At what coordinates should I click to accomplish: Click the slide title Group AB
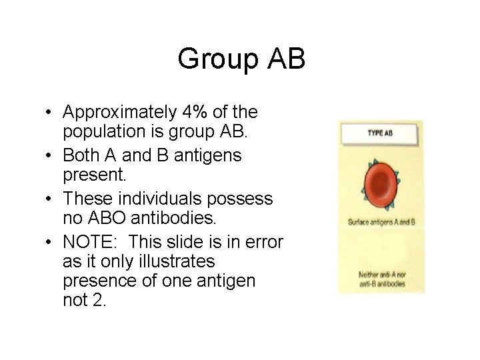[241, 59]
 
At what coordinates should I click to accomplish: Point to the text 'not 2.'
[84, 300]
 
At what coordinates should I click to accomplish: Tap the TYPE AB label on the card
[381, 133]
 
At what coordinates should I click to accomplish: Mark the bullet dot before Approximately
[51, 113]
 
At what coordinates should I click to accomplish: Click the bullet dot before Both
[51, 156]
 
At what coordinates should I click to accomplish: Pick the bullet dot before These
[51, 199]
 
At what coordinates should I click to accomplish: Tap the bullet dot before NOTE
[51, 242]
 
